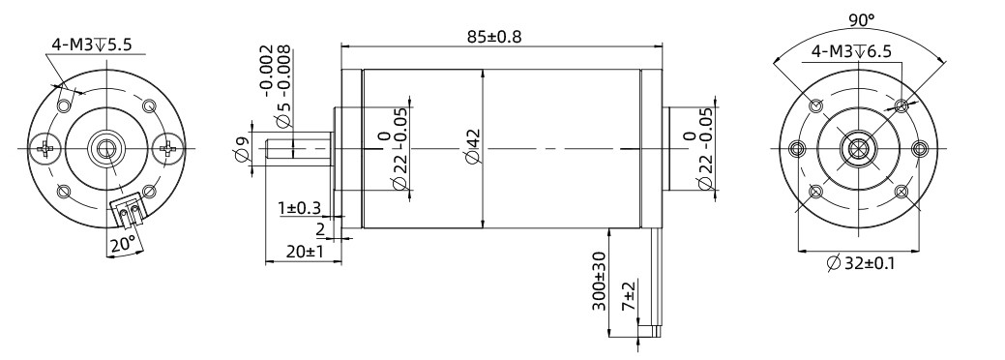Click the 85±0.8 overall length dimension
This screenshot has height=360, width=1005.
[x=494, y=36]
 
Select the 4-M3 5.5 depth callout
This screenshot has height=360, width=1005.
[x=92, y=45]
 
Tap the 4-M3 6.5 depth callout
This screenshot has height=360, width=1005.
[x=851, y=52]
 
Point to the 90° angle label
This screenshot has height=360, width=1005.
[x=862, y=20]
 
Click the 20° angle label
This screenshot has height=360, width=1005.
[x=123, y=243]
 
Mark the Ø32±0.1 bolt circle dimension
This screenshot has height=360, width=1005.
[x=860, y=263]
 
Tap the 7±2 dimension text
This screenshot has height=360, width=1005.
[x=629, y=296]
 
